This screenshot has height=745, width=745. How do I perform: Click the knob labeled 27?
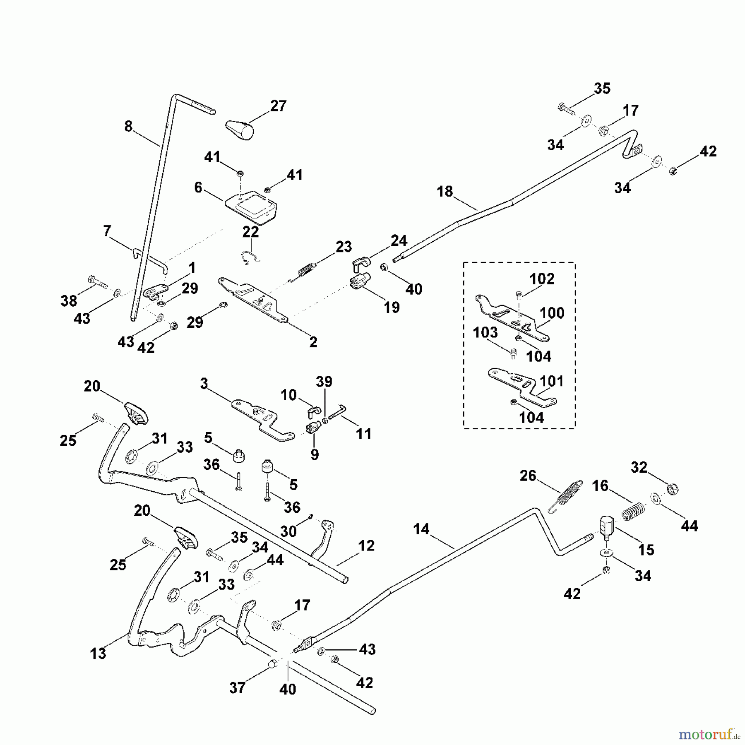(240, 130)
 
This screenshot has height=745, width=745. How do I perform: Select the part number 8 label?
(128, 126)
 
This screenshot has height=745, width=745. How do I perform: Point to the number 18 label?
(445, 192)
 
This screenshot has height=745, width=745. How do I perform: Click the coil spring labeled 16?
(633, 510)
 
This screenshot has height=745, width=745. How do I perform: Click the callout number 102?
(542, 279)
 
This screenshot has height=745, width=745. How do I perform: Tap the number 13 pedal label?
(98, 653)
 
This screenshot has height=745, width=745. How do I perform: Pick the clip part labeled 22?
(250, 257)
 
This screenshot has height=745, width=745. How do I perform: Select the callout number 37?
(237, 687)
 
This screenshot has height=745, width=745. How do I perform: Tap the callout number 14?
(421, 529)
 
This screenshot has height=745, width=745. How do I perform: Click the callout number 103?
(485, 332)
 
